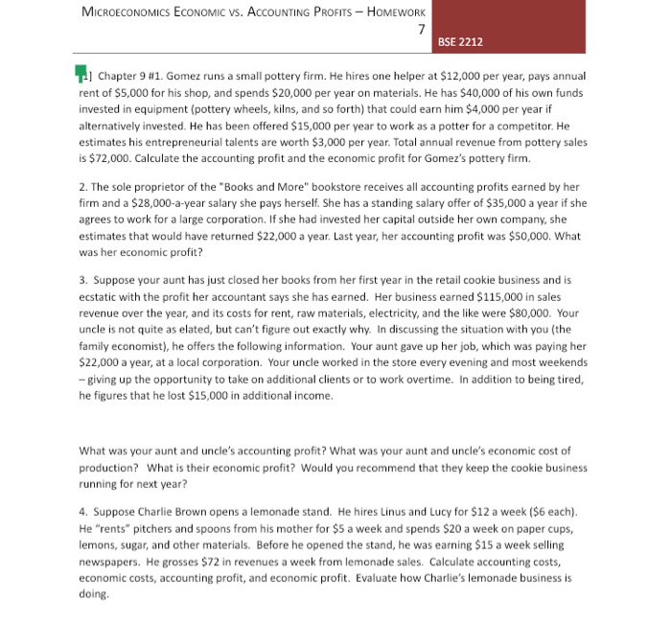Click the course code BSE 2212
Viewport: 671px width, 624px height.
tap(460, 41)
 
